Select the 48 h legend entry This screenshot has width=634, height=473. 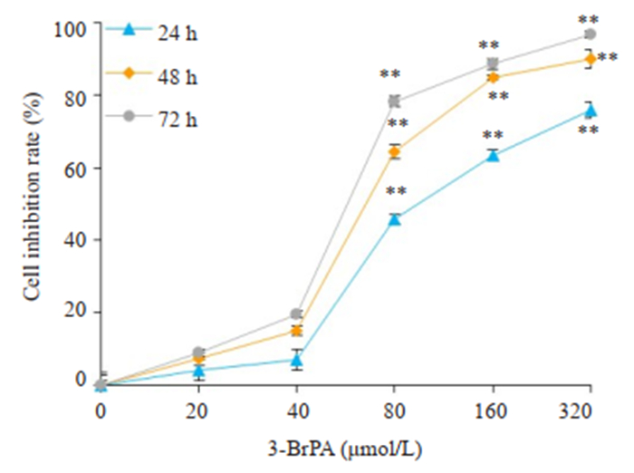pyautogui.click(x=154, y=73)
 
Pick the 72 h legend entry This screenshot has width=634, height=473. pyautogui.click(x=154, y=116)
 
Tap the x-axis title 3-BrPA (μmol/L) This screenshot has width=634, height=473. pyautogui.click(x=345, y=447)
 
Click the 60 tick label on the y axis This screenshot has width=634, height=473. pyautogui.click(x=74, y=169)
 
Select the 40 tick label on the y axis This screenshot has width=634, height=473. pyautogui.click(x=74, y=240)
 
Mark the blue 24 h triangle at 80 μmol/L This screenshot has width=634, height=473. pyautogui.click(x=394, y=218)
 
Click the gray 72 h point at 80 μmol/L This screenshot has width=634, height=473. pyautogui.click(x=394, y=101)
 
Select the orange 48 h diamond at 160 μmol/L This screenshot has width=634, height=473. pyautogui.click(x=493, y=77)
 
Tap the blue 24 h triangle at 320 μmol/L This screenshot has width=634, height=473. pyautogui.click(x=591, y=110)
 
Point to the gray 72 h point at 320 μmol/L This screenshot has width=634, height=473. pyautogui.click(x=591, y=34)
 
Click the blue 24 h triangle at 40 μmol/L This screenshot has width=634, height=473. pyautogui.click(x=296, y=360)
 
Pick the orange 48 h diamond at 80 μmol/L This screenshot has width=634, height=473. pyautogui.click(x=394, y=151)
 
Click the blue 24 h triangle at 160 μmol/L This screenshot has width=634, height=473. pyautogui.click(x=493, y=155)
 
